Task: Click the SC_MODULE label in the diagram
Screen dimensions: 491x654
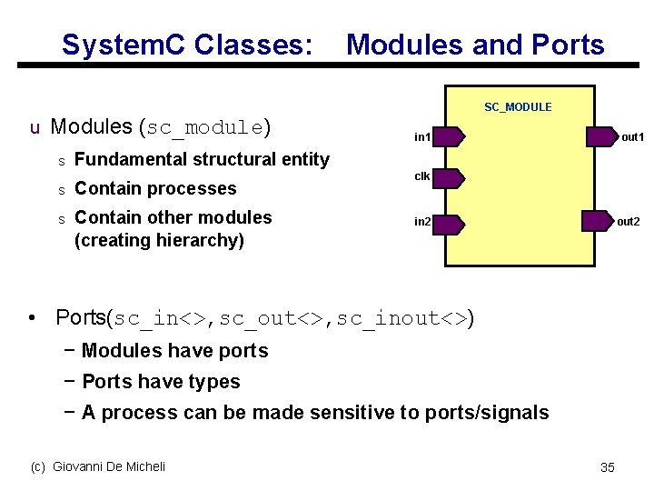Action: [517, 107]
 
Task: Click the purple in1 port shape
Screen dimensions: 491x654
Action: [449, 137]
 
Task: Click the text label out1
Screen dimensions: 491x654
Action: [632, 137]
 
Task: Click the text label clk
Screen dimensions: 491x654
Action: [422, 176]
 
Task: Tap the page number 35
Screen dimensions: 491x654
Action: [608, 467]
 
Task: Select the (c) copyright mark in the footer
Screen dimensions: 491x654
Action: [38, 466]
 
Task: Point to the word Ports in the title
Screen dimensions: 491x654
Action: [567, 45]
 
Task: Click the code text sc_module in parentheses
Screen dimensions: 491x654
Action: [204, 127]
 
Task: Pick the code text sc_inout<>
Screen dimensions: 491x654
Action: [402, 318]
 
